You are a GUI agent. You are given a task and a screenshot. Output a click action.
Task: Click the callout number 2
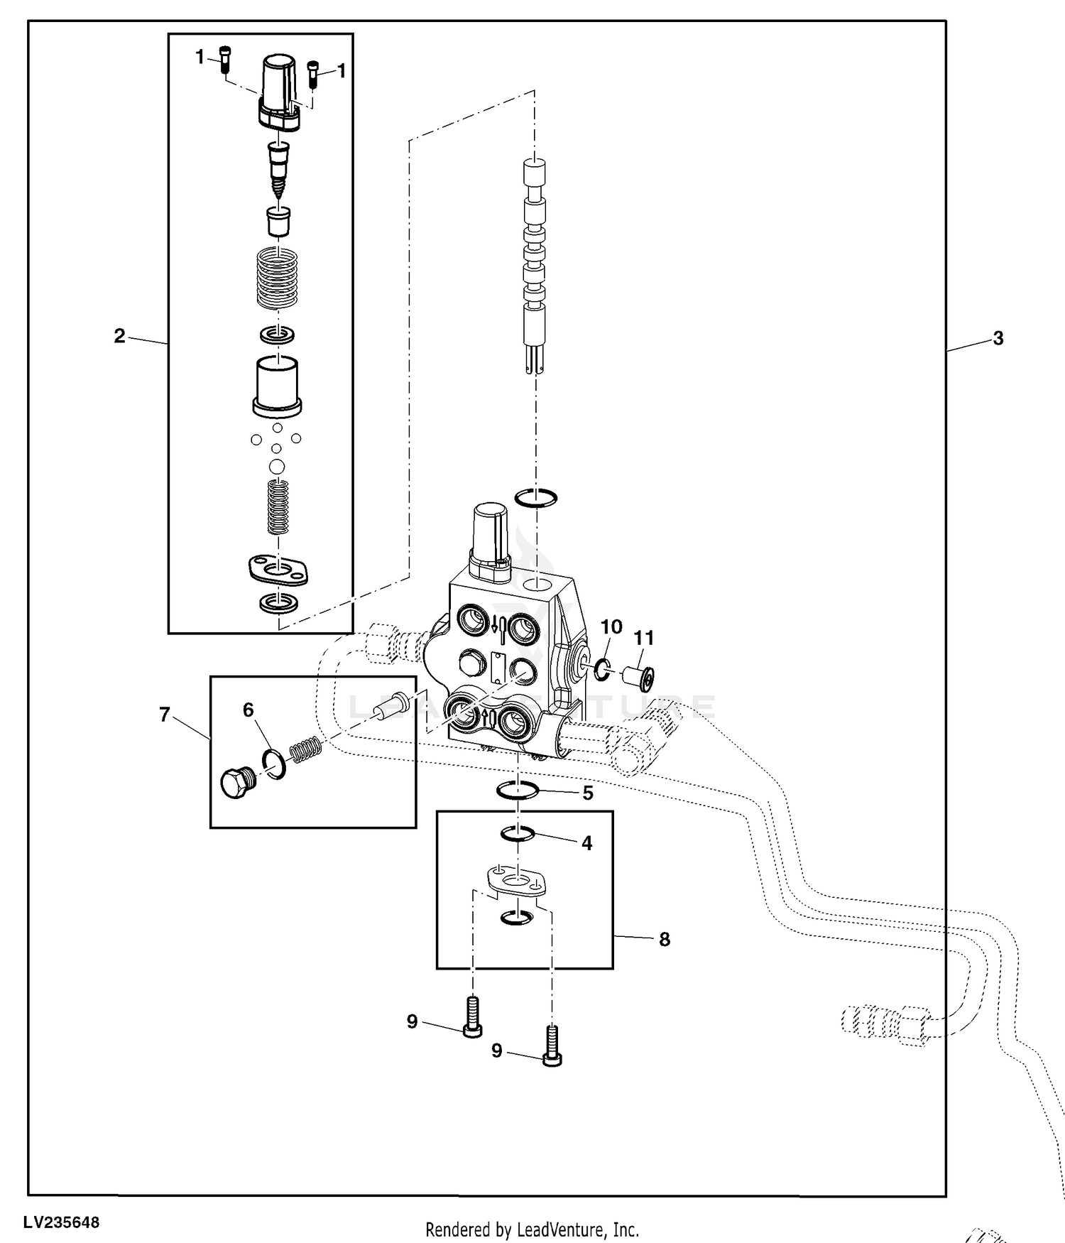119,336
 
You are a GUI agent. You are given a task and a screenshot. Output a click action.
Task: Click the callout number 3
998,339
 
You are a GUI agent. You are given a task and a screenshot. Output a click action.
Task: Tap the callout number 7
165,715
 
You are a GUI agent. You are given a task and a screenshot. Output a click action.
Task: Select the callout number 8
665,940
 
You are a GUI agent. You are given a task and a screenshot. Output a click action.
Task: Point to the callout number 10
611,627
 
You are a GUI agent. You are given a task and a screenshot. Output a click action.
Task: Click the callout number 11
643,639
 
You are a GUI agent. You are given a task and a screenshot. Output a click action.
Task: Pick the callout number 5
588,793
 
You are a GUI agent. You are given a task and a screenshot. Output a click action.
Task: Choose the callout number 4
586,843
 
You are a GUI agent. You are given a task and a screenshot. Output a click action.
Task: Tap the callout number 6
248,710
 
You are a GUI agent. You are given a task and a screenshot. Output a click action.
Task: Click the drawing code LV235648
61,1223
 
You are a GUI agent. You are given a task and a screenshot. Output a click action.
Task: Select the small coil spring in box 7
307,750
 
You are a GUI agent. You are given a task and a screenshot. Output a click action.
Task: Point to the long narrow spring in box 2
278,506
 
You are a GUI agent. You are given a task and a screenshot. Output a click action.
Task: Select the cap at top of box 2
279,92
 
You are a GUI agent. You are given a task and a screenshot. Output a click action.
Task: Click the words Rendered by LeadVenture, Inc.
532,1230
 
